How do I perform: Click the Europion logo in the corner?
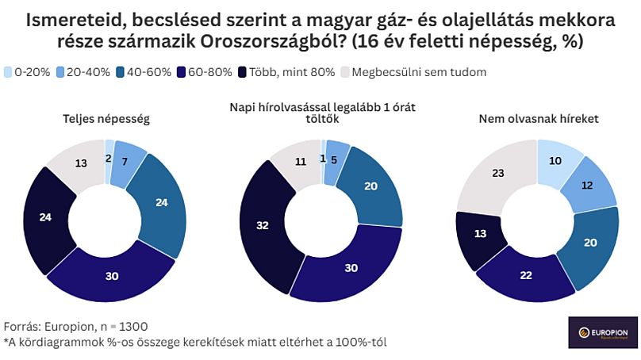click(603, 333)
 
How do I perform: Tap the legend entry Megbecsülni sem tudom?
click(413, 72)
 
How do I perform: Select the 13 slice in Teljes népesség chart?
click(81, 163)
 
